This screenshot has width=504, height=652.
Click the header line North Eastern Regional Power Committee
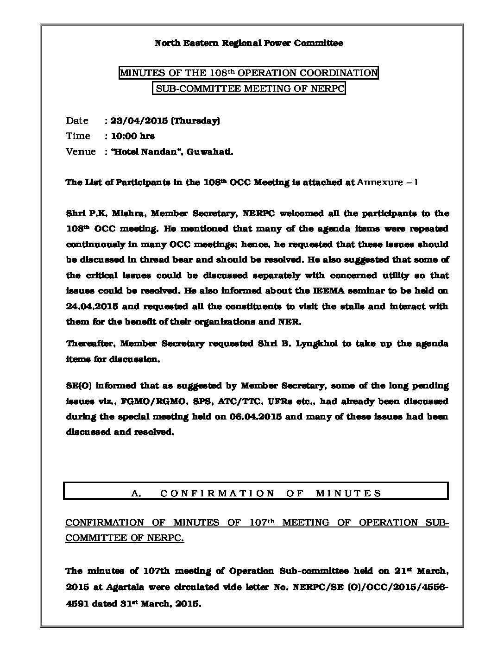pos(248,43)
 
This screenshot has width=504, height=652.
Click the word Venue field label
pos(81,152)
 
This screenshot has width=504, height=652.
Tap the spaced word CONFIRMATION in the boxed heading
pos(217,494)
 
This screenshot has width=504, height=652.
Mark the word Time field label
pos(78,136)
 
